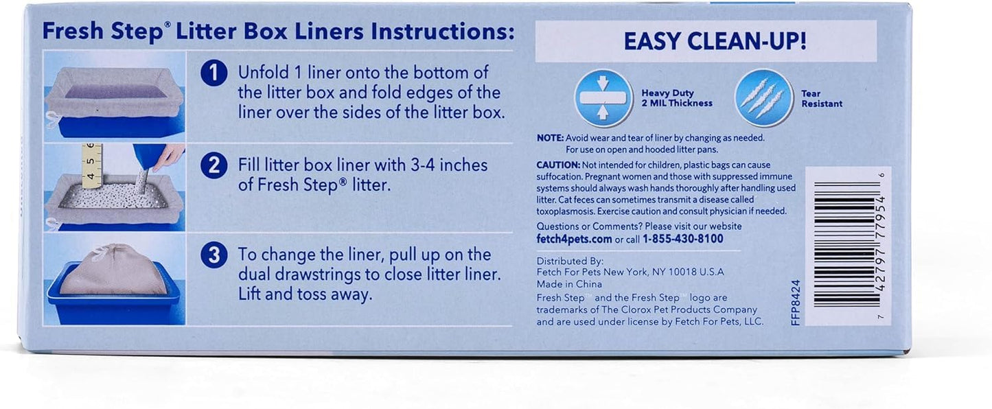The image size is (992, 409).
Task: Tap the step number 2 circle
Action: point(214,166)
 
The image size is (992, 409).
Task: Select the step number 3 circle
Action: point(214,255)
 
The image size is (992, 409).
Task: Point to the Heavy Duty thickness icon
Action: point(603,98)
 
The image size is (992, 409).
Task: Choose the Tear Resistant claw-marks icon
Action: point(764,98)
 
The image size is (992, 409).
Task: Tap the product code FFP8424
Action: point(796,302)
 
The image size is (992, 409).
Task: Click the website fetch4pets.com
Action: point(574,239)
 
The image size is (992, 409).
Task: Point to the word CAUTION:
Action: point(558,165)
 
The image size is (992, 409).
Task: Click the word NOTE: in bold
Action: point(550,137)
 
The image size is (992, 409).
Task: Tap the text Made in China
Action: point(569,283)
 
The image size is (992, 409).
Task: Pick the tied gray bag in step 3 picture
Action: point(113,270)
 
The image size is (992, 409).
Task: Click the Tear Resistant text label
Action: point(821,98)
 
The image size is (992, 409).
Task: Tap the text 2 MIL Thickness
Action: point(677,104)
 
